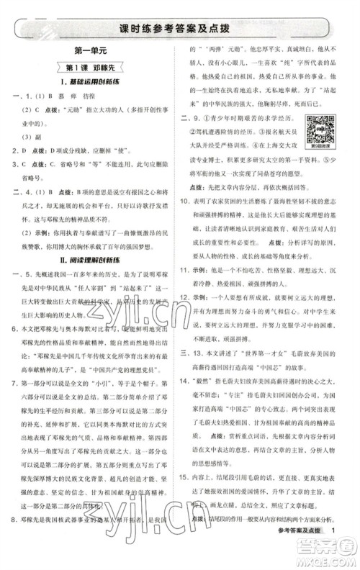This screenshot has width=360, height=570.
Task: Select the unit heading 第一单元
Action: click(x=89, y=53)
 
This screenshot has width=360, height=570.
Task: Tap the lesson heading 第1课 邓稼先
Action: click(x=89, y=68)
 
